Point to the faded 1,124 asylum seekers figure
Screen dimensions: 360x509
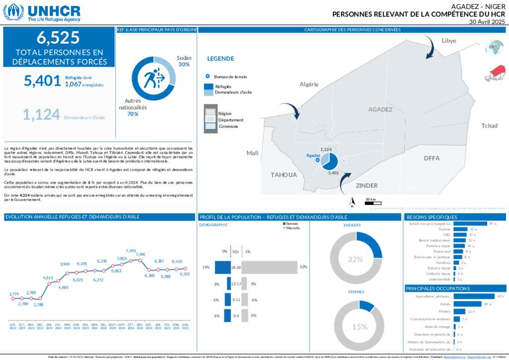[x=41, y=114]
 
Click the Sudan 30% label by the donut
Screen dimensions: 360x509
[x=184, y=61]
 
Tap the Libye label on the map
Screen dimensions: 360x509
[x=448, y=41]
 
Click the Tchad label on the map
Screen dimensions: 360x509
[x=489, y=126]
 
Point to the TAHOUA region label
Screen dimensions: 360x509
[x=284, y=175]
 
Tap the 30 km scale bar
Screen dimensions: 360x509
[x=370, y=201]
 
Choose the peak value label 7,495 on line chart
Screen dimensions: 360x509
[x=131, y=251]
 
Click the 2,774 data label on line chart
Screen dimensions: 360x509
[x=14, y=294]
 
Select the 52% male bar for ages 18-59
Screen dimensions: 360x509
[x=269, y=268]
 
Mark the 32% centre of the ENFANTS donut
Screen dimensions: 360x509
[x=355, y=259]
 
